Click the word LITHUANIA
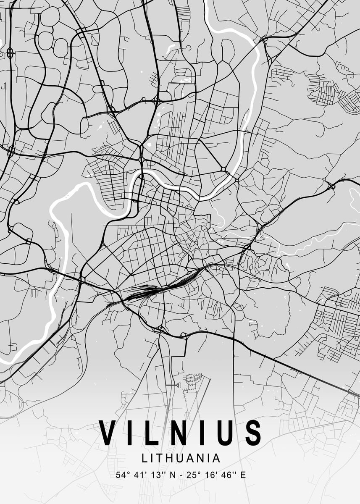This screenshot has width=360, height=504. (x=181, y=457)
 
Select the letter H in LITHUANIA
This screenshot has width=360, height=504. (x=169, y=457)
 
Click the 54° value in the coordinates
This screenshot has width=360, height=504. (x=123, y=475)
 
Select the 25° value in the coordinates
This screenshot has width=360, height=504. (x=192, y=475)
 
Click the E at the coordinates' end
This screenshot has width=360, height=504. (x=243, y=475)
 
